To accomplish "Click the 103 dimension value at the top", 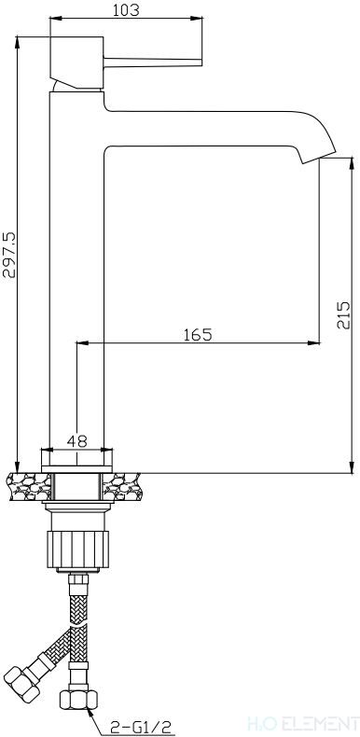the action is [x=127, y=10].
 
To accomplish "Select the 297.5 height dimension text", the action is [x=10, y=255].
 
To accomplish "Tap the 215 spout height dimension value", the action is [x=344, y=315].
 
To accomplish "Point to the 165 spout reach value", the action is [x=198, y=335].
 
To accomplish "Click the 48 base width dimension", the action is [x=77, y=441].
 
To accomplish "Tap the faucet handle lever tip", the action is [x=201, y=63].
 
